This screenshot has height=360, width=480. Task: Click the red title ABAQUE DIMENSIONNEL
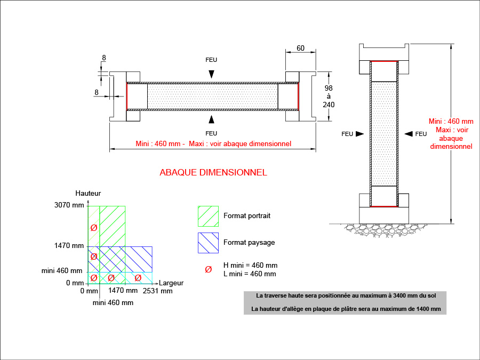[x=213, y=172]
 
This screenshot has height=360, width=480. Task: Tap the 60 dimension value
[x=300, y=48]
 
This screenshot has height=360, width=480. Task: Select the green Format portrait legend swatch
[x=208, y=216]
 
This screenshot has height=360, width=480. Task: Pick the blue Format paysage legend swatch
[x=208, y=242]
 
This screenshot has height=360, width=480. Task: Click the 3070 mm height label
[x=69, y=205]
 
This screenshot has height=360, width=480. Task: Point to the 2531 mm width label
[x=157, y=291]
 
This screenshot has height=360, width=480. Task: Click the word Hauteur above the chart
[x=88, y=193]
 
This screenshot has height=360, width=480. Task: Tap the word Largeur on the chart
[x=171, y=282]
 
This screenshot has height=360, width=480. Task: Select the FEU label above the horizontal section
[x=211, y=60]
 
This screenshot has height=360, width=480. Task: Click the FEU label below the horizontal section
[x=211, y=132]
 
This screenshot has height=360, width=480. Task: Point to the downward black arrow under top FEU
[x=212, y=74]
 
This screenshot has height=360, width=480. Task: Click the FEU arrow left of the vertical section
[x=359, y=134]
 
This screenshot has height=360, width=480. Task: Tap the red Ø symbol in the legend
[x=208, y=269]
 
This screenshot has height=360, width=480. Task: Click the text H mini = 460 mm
[x=250, y=265]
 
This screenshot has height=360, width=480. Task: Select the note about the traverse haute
[x=345, y=295]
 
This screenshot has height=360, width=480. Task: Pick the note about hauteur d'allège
[x=346, y=309]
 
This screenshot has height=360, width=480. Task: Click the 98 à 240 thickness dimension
[x=329, y=96]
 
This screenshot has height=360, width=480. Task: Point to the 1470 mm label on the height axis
[x=69, y=246]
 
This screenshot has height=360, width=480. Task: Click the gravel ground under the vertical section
[x=384, y=228]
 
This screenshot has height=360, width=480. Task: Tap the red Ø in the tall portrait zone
[x=94, y=227]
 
